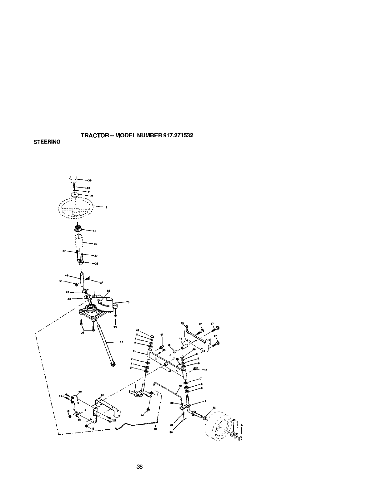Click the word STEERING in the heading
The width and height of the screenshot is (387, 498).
(x=47, y=142)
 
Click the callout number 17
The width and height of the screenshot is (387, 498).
(x=121, y=342)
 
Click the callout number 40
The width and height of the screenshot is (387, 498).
(x=143, y=415)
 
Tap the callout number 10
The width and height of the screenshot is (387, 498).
(x=155, y=429)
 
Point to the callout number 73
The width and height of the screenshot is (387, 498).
(x=181, y=339)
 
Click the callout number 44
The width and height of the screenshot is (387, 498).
(x=66, y=276)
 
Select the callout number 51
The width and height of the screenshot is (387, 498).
(x=61, y=281)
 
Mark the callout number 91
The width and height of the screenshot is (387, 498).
(x=68, y=292)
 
